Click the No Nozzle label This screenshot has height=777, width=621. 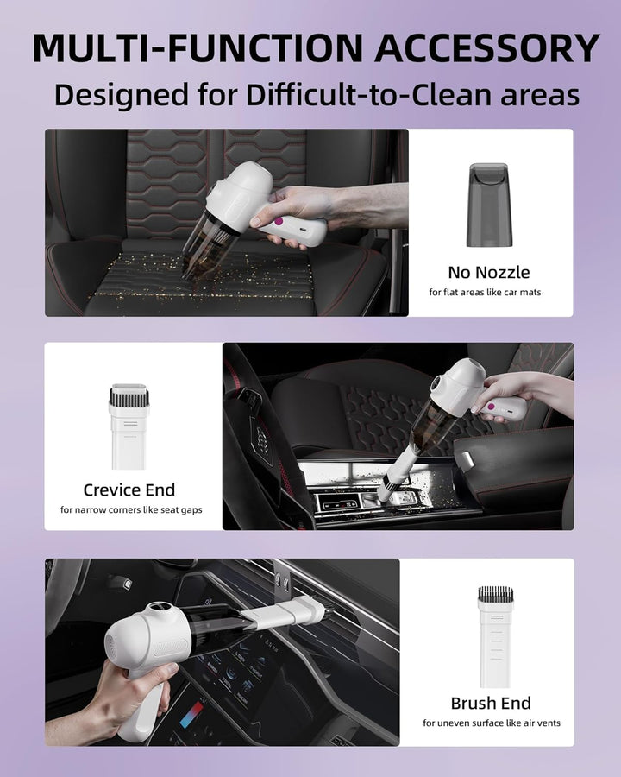[489, 273]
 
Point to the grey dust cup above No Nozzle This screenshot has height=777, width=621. [489, 205]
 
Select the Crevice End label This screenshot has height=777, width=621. [129, 490]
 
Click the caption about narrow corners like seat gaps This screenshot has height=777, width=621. [131, 509]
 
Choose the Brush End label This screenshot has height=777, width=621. [491, 703]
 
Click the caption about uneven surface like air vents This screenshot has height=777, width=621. [491, 723]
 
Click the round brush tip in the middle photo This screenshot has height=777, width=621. [389, 490]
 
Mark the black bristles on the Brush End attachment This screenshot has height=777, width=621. [495, 594]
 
